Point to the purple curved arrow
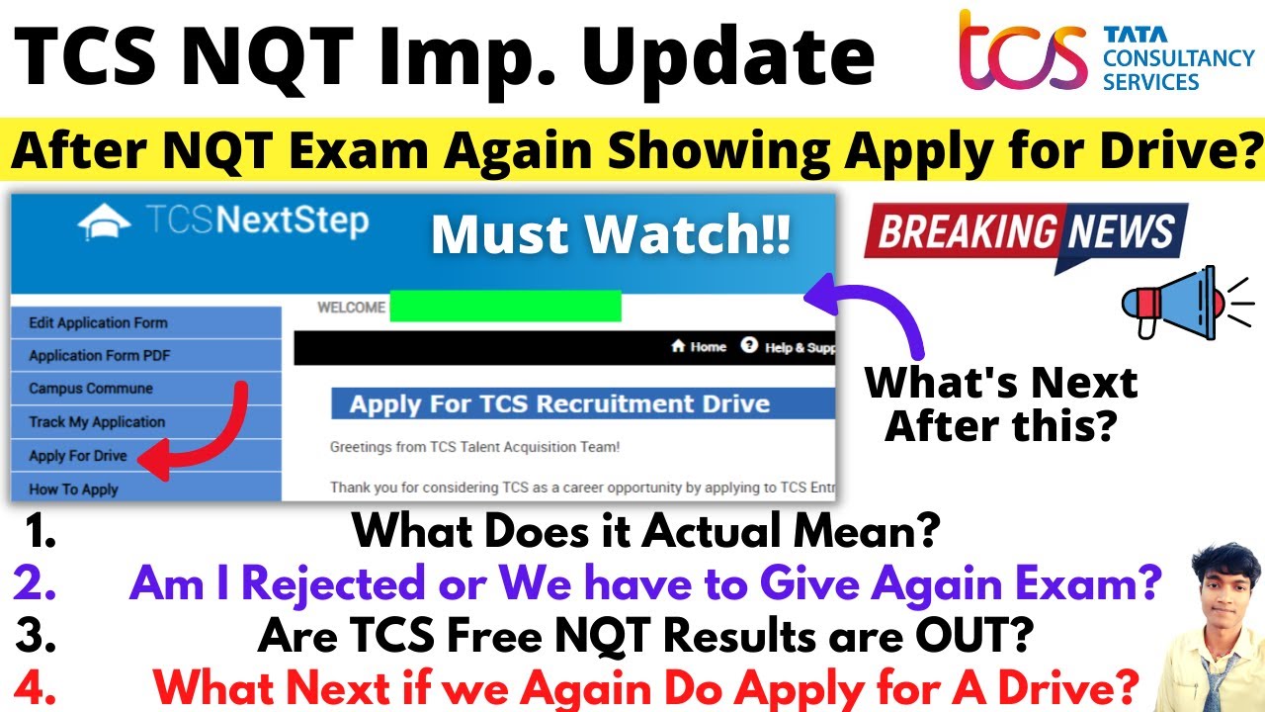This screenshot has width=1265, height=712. pyautogui.click(x=880, y=311)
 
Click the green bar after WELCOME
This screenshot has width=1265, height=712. pyautogui.click(x=505, y=307)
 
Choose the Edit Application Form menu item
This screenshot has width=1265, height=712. pyautogui.click(x=98, y=322)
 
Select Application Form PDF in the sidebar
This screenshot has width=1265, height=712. pyautogui.click(x=100, y=356)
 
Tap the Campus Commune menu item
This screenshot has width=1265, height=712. pyautogui.click(x=91, y=389)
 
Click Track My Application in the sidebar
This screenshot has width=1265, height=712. pyautogui.click(x=97, y=422)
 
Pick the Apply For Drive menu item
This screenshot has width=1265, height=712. pyautogui.click(x=78, y=456)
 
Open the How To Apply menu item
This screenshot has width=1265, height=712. pyautogui.click(x=73, y=489)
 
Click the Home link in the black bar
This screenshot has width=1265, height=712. pyautogui.click(x=699, y=347)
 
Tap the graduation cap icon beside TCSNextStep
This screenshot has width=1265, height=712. pyautogui.click(x=104, y=223)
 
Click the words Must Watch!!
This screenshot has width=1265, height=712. pyautogui.click(x=611, y=236)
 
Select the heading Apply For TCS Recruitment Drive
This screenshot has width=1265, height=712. pyautogui.click(x=559, y=403)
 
